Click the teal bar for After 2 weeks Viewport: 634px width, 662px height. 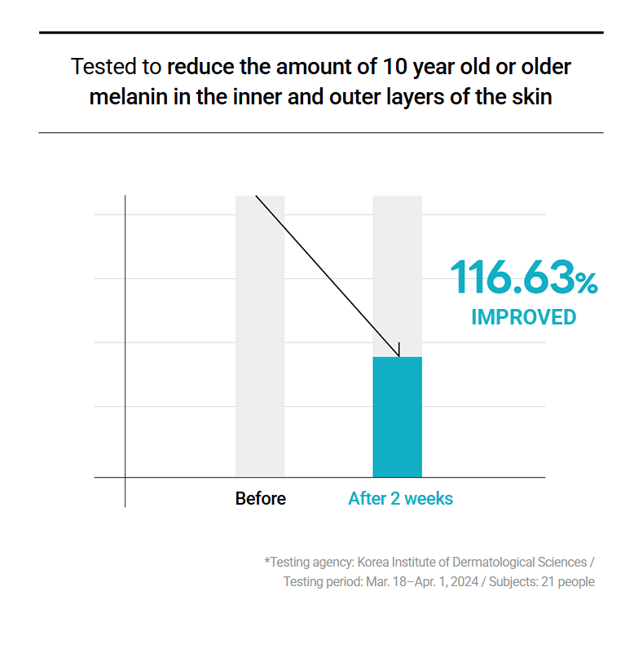(x=397, y=417)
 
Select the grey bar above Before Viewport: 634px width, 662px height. (x=260, y=336)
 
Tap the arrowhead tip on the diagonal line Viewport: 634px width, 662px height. (x=398, y=357)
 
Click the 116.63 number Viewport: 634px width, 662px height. (x=513, y=277)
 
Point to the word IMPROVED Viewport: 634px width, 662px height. (x=524, y=317)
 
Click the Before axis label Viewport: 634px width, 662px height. (x=261, y=499)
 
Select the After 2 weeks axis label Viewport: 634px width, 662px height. (x=401, y=499)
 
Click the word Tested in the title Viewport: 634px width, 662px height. (x=103, y=67)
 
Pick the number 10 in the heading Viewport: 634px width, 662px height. (x=395, y=67)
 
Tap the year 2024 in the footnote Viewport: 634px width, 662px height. (x=464, y=582)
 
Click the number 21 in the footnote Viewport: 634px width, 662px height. (x=548, y=582)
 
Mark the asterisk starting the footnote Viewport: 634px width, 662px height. (x=267, y=560)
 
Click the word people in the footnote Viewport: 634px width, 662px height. (x=576, y=583)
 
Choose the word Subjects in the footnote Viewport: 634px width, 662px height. (x=513, y=583)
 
